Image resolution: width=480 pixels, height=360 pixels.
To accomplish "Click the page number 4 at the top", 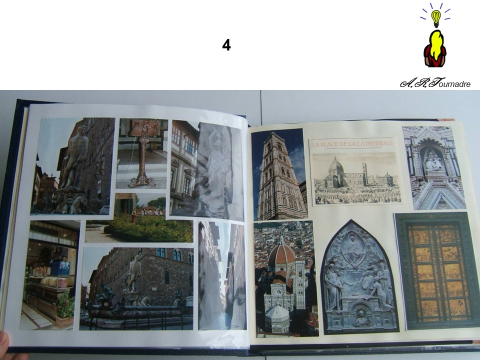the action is pyautogui.click(x=226, y=45).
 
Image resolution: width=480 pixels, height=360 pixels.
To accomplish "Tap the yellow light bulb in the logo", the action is pyautogui.click(x=435, y=18).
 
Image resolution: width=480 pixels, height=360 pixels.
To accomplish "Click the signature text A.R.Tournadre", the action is pyautogui.click(x=435, y=83).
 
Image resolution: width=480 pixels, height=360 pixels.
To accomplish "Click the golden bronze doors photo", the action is pyautogui.click(x=437, y=270).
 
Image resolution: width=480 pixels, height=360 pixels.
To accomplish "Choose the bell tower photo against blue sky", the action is pyautogui.click(x=278, y=174).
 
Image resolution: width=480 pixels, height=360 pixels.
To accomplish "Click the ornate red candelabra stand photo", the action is pyautogui.click(x=141, y=153).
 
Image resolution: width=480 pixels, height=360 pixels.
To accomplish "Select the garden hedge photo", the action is pyautogui.click(x=139, y=217).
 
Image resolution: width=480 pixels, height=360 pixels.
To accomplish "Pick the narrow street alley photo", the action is pyautogui.click(x=222, y=275).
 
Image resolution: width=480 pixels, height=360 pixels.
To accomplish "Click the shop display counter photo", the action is pyautogui.click(x=50, y=275).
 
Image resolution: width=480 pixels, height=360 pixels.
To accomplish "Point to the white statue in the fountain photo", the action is pyautogui.click(x=134, y=273).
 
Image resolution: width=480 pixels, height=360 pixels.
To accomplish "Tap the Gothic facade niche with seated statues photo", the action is pyautogui.click(x=434, y=168).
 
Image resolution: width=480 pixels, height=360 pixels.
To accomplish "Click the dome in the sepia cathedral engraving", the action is pyautogui.click(x=335, y=166).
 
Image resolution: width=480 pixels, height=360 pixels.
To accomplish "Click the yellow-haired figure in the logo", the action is pyautogui.click(x=434, y=49).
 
